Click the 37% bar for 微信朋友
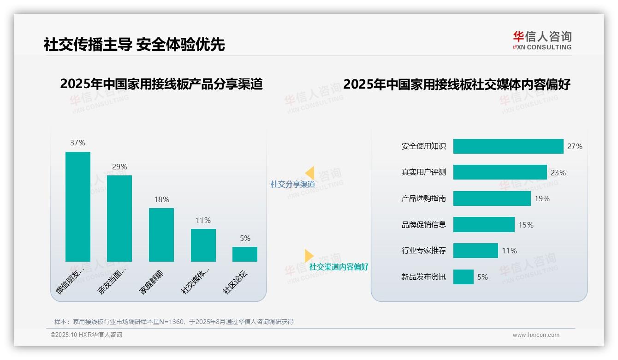78,206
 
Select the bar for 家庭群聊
161,234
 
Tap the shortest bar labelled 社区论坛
244,254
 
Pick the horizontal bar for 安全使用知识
508,146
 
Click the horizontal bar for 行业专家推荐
475,251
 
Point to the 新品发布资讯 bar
463,277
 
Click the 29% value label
119,167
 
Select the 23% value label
558,173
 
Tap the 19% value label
542,198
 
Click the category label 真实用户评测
423,173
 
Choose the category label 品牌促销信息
423,225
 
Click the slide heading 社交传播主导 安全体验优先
134,45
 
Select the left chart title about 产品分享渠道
161,84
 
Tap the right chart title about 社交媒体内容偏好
457,84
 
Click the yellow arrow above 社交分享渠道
309,173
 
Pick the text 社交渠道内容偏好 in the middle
339,267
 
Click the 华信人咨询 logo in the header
542,40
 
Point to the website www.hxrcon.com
536,335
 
